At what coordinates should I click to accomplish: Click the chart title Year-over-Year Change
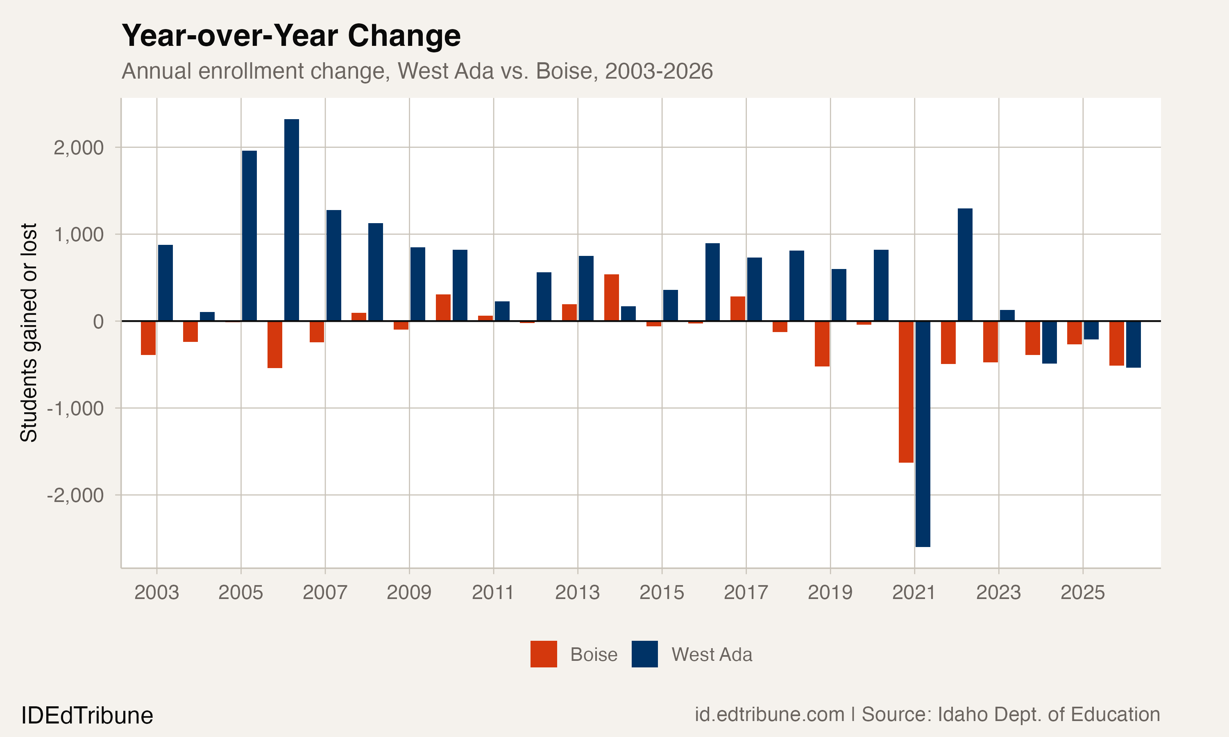tap(291, 36)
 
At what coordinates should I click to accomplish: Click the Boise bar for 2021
tap(906, 392)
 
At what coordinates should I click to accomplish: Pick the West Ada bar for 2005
tap(249, 236)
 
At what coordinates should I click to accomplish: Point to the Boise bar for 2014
tap(612, 298)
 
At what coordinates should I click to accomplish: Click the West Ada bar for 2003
tap(166, 283)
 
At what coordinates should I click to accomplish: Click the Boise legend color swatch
tap(544, 654)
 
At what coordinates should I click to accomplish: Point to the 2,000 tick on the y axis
tap(79, 147)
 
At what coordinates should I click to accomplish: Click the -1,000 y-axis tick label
tap(75, 408)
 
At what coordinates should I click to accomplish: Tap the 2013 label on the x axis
tap(577, 592)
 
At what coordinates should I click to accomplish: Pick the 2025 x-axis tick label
tap(1082, 592)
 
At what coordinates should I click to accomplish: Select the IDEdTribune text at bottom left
tap(87, 716)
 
